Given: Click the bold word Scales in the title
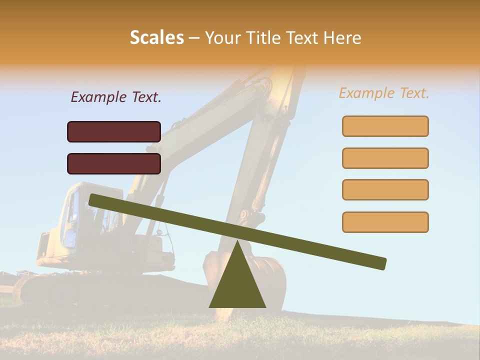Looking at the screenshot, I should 157,38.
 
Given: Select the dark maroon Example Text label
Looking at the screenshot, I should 116,97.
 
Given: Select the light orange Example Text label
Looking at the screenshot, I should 384,93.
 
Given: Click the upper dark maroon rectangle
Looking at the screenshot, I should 114,131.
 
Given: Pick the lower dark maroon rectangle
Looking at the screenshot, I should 114,163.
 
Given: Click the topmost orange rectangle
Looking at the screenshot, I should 385,126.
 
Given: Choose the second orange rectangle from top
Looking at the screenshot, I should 385,158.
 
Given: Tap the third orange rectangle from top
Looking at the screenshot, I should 385,189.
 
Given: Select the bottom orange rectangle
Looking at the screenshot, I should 385,222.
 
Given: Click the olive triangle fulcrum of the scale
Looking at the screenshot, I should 237,285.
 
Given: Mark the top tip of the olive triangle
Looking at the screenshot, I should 237,241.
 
